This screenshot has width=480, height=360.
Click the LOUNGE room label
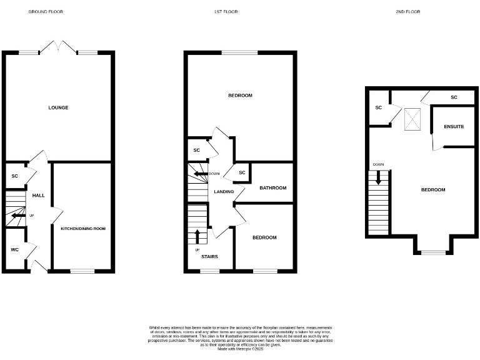click(x=58, y=107)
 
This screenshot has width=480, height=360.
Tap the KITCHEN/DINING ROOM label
click(x=83, y=229)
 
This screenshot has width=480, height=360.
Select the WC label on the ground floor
click(x=14, y=249)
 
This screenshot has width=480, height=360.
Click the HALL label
click(x=39, y=196)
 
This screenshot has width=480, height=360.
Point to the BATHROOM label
click(x=273, y=188)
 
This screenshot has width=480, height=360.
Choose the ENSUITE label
click(x=454, y=126)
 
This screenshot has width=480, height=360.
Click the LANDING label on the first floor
click(x=224, y=192)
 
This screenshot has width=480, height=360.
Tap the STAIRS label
click(x=209, y=256)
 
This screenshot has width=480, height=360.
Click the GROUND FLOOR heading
click(x=46, y=12)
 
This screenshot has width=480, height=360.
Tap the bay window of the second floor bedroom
click(x=432, y=252)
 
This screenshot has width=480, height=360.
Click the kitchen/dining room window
click(x=81, y=271)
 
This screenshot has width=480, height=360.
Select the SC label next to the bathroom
click(x=242, y=172)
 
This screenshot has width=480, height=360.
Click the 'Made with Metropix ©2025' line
click(x=240, y=349)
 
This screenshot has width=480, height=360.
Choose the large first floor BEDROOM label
click(x=240, y=96)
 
